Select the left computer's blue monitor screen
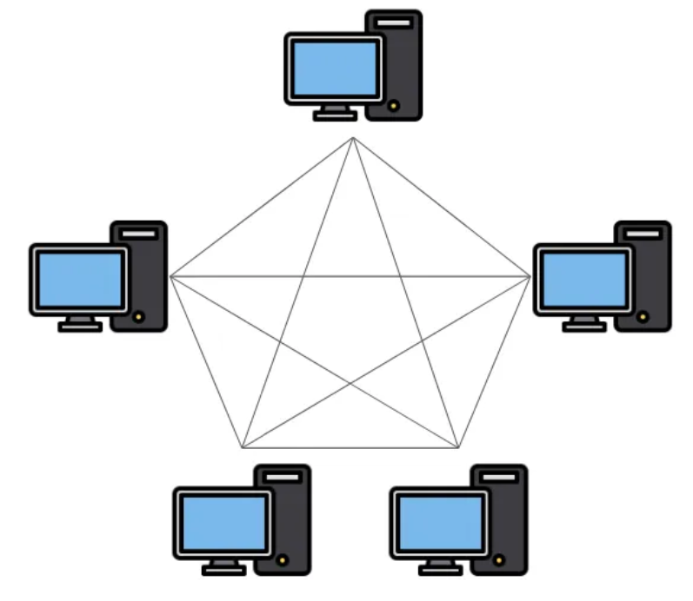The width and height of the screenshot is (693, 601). click(x=79, y=279)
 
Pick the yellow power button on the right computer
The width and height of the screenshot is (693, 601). click(x=643, y=318)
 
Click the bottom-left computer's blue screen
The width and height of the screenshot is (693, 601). click(x=223, y=522)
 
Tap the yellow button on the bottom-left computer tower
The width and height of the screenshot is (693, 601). click(x=282, y=561)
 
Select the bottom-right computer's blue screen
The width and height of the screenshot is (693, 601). click(x=439, y=522)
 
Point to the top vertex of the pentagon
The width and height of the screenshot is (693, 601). click(x=352, y=138)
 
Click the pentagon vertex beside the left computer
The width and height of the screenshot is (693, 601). click(x=170, y=276)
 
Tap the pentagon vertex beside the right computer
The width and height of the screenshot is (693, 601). click(x=530, y=276)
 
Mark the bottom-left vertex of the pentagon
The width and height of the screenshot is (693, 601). click(x=242, y=448)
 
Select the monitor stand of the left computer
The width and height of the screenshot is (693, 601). click(x=79, y=322)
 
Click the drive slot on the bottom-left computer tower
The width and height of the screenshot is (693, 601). click(x=282, y=477)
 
